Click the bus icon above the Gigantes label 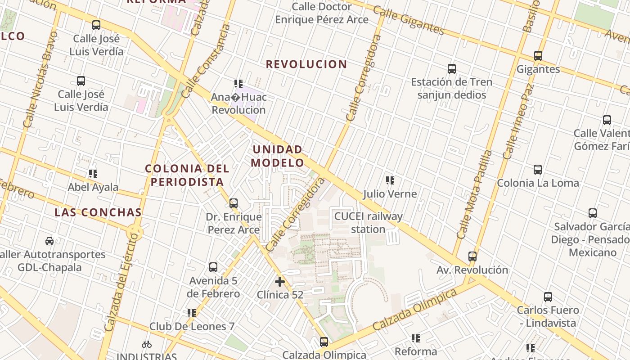[x=538, y=56]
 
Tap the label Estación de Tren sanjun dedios [x=451, y=89]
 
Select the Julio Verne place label [x=390, y=194]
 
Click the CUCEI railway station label [x=368, y=223]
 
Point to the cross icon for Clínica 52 [x=280, y=282]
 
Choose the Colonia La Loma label [x=538, y=183]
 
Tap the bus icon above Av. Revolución [x=472, y=256]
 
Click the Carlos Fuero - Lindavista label [x=548, y=316]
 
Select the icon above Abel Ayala [x=93, y=174]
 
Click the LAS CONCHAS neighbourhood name [x=98, y=212]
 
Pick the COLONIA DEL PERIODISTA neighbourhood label [x=187, y=175]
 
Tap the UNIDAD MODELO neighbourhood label [x=277, y=156]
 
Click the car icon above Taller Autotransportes [x=49, y=241]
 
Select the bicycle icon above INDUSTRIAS [x=147, y=345]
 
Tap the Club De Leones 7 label [x=192, y=326]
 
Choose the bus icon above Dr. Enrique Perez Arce [x=233, y=203]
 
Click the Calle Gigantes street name [x=409, y=21]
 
